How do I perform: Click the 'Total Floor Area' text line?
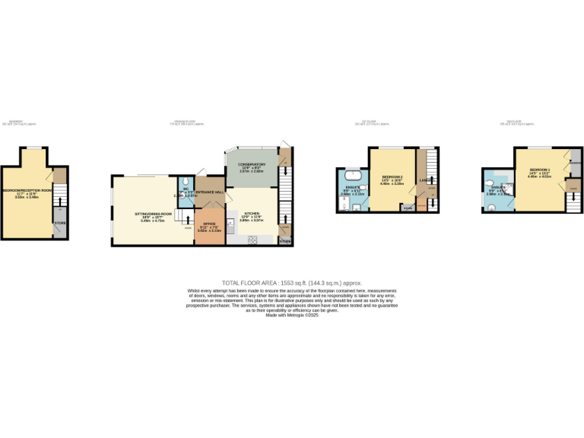point(291,282)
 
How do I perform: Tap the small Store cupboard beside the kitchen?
point(285,241)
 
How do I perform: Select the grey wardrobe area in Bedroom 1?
point(575,162)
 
